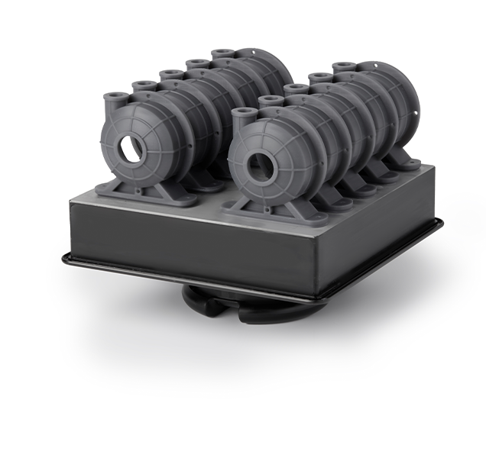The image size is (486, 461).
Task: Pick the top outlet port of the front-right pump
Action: (x=243, y=114)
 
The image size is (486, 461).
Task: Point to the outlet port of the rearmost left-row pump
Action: (x=222, y=53)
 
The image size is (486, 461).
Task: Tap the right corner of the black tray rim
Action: (x=440, y=222)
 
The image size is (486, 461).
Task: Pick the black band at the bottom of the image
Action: (x=243, y=439)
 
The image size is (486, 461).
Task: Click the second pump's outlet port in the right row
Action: (x=270, y=101)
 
